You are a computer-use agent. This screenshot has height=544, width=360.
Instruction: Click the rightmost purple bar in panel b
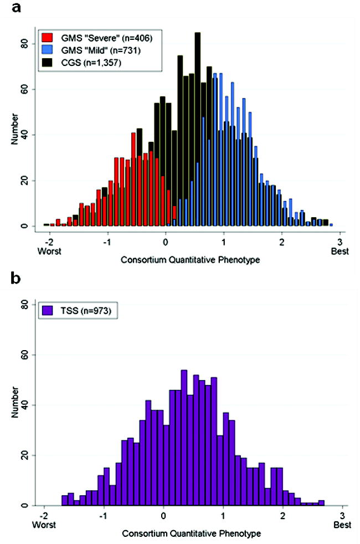(x=321, y=502)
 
